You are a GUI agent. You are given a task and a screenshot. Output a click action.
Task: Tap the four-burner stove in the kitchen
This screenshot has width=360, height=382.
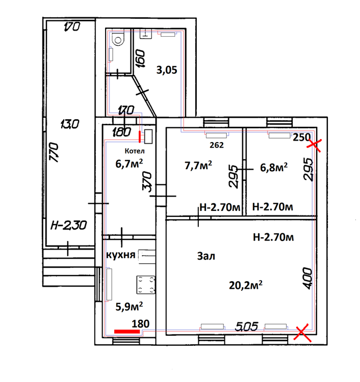146,285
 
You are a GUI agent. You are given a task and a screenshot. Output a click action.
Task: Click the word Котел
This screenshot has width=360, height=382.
135,151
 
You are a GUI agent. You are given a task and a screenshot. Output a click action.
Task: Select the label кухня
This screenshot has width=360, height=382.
121,255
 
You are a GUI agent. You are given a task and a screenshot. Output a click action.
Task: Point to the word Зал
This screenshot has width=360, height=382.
206,256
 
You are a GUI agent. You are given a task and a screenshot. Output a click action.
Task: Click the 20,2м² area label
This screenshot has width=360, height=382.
246,285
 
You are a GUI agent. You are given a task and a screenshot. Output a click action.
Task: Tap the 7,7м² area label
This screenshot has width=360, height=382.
198,166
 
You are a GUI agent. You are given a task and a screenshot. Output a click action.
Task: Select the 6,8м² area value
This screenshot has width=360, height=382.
274,168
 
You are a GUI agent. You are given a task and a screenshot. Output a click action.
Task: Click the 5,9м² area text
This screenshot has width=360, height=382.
129,307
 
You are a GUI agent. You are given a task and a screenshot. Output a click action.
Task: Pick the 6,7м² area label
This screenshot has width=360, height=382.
129,163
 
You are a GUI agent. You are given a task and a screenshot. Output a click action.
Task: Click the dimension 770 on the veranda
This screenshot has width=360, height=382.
54,152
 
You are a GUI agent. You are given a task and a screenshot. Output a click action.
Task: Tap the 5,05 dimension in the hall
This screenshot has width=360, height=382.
247,326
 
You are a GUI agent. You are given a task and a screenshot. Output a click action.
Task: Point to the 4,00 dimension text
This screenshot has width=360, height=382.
307,278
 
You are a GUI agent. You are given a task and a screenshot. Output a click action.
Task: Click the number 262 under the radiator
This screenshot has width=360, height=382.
217,145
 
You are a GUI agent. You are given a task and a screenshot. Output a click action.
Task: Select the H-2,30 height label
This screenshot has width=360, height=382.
68,225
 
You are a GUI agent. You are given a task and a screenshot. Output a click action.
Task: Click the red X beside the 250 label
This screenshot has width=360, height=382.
315,145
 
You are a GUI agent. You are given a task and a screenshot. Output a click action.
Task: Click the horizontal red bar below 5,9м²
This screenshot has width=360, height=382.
127,332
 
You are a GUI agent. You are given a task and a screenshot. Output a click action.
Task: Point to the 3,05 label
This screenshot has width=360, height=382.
167,70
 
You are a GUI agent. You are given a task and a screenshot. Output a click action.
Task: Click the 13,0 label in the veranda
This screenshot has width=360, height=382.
70,124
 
